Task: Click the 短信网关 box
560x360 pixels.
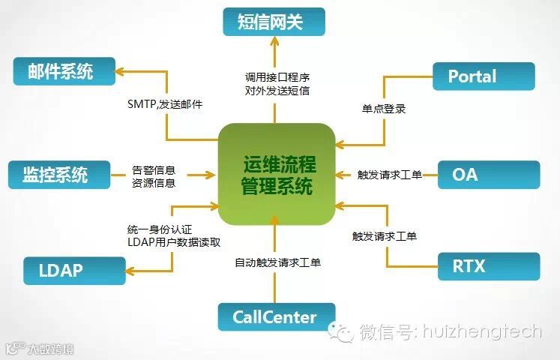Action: click(274, 22)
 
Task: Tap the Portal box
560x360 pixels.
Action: click(484, 76)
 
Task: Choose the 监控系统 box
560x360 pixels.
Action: click(58, 174)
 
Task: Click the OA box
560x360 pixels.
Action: click(487, 174)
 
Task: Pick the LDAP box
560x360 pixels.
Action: click(72, 270)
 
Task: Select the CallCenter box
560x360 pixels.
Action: click(274, 317)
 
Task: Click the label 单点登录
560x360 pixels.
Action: click(384, 109)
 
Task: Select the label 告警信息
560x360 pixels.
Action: click(154, 169)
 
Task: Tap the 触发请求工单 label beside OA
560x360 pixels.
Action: click(389, 175)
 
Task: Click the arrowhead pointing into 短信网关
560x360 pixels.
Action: click(274, 43)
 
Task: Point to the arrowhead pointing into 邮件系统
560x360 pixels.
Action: click(119, 72)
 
